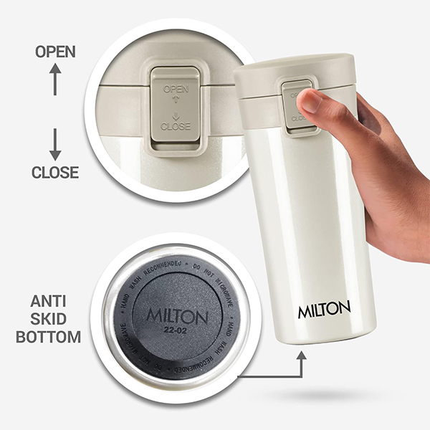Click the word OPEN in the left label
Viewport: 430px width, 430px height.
[55, 52]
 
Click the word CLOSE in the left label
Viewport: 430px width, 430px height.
[55, 172]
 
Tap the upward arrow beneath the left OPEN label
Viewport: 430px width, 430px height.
[55, 80]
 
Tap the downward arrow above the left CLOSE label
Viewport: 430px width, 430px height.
[55, 144]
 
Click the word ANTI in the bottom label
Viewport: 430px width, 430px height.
[54, 302]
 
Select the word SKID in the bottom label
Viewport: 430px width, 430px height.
[54, 319]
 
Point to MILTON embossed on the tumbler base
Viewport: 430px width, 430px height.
[177, 316]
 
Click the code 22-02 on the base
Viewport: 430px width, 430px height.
[177, 331]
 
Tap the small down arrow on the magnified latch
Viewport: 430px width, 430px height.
[176, 113]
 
